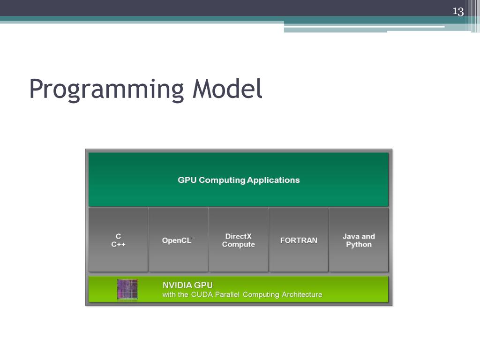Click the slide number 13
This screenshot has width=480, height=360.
(457, 11)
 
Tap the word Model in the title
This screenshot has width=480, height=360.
(226, 89)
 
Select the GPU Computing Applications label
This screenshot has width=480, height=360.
(238, 180)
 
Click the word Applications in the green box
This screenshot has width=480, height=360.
(273, 180)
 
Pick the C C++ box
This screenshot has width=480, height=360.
(118, 240)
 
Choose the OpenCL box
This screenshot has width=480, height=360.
(178, 240)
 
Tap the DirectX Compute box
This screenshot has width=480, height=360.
(238, 240)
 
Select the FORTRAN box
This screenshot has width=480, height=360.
(299, 240)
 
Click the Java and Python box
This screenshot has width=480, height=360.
(359, 240)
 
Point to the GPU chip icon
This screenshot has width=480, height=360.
(127, 289)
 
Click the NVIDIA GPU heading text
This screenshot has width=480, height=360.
(187, 285)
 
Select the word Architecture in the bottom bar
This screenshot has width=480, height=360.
(302, 295)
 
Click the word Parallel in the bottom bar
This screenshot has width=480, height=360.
(227, 295)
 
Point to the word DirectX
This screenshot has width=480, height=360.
(238, 236)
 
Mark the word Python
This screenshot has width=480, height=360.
(359, 245)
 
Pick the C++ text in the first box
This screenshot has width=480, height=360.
(118, 245)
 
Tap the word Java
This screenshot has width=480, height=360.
(351, 236)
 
